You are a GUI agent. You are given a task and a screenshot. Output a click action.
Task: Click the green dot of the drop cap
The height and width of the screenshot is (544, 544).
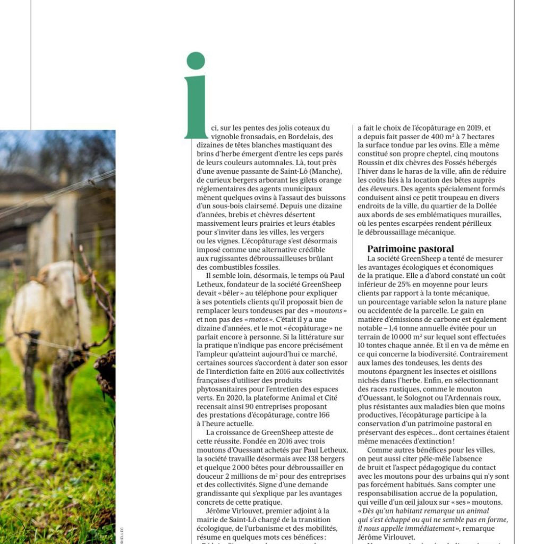pos(195,61)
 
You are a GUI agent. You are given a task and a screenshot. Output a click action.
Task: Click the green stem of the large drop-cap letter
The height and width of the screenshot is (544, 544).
pos(195,106)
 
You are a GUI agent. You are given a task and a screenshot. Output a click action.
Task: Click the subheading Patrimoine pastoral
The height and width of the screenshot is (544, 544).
pos(411,249)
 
